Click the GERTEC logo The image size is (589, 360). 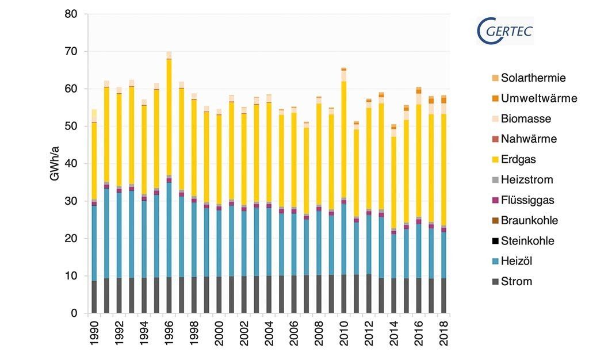506,30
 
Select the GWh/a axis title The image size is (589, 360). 55,164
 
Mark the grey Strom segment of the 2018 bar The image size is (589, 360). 444,296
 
